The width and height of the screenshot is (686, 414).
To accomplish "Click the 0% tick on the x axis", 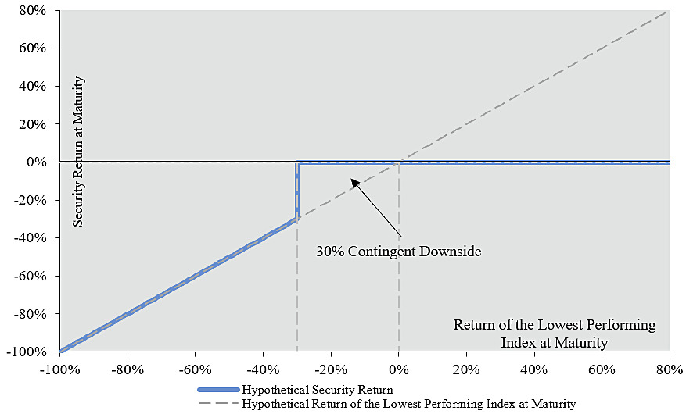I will tap(399, 369).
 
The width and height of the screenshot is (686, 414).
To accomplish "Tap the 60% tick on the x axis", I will tap(602, 369).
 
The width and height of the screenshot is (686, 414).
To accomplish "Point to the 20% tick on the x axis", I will tap(466, 369).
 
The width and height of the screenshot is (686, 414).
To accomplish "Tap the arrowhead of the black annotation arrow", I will tap(353, 181).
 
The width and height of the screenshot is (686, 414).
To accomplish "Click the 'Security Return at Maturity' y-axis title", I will tap(77, 152).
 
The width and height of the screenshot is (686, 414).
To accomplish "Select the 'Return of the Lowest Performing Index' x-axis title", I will tap(555, 332).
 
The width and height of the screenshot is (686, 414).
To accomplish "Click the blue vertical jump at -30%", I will tap(297, 191).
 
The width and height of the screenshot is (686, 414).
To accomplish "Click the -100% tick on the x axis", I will tap(59, 369).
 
